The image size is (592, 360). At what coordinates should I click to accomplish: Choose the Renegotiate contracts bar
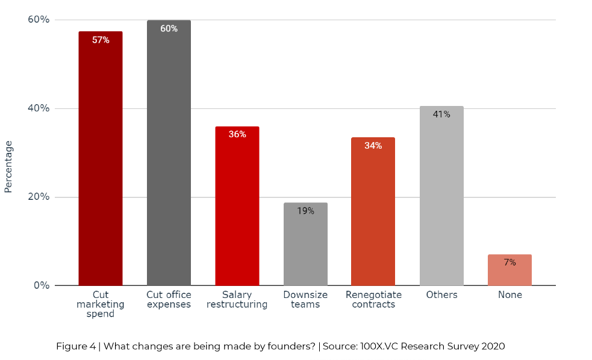pos(373,211)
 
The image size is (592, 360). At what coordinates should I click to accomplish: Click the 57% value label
pos(101,40)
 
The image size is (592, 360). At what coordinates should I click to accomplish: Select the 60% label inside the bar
pos(169,28)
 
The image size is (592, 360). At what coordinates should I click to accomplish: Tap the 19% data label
pos(305,211)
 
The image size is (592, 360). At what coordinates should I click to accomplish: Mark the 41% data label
pos(441,114)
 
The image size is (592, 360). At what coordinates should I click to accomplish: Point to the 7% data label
pos(509,262)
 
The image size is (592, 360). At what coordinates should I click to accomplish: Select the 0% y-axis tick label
pos(41,285)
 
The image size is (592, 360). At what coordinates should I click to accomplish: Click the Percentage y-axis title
pos(8,166)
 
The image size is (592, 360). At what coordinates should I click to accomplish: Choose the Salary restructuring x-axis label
pos(237,299)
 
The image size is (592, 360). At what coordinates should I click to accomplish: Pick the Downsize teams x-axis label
pos(305,299)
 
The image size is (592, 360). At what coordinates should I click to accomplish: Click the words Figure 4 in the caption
pos(75,346)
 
